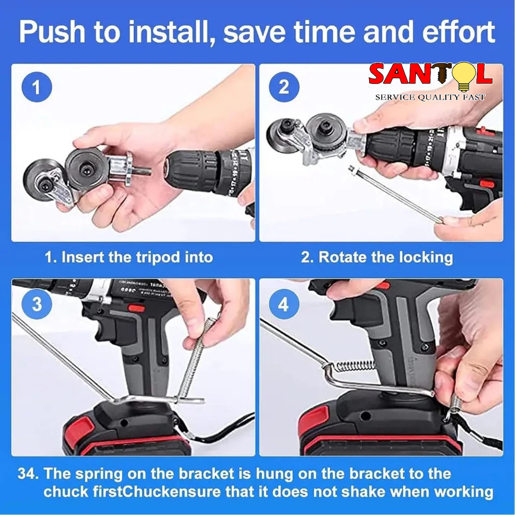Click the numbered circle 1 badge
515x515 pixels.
[x=37, y=87]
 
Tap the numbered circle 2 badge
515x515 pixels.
[x=284, y=87]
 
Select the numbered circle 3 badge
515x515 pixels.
[x=37, y=304]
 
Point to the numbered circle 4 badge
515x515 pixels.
[x=284, y=304]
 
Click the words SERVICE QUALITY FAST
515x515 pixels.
[x=431, y=97]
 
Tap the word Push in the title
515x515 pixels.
[x=53, y=32]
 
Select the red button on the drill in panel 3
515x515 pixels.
[x=136, y=308]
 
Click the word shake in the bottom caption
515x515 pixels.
[x=363, y=492]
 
